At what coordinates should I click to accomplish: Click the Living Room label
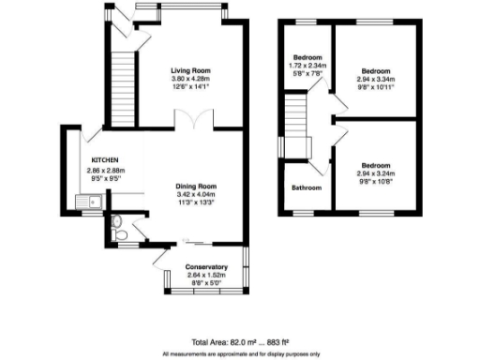point(190,70)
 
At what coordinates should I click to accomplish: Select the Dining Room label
point(198,187)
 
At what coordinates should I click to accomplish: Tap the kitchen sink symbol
point(88,200)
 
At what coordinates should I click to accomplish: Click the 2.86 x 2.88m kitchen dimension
point(103,170)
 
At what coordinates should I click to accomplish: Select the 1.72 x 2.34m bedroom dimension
point(306,64)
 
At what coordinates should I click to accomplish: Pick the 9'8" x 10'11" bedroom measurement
point(376,86)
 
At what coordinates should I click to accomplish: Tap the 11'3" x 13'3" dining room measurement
point(198,203)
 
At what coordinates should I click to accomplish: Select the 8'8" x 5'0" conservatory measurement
point(205,281)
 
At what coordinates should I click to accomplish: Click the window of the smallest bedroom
point(306,22)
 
